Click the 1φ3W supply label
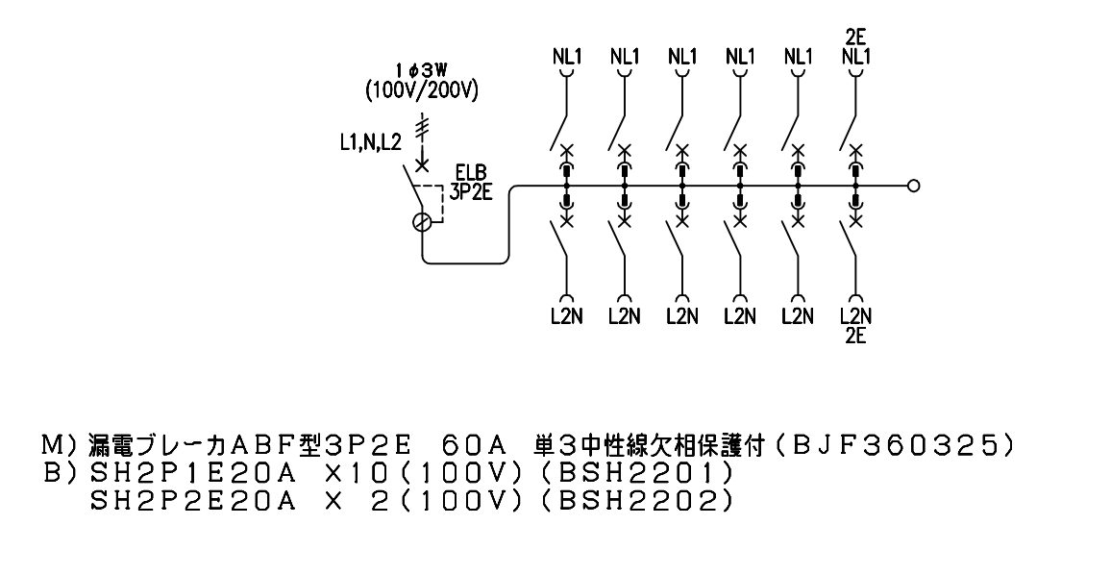click(421, 69)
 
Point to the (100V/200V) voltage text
click(422, 91)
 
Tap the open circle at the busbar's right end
click(913, 187)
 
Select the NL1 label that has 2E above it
click(854, 56)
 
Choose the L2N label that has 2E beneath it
click(854, 318)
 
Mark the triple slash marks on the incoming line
click(421, 127)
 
